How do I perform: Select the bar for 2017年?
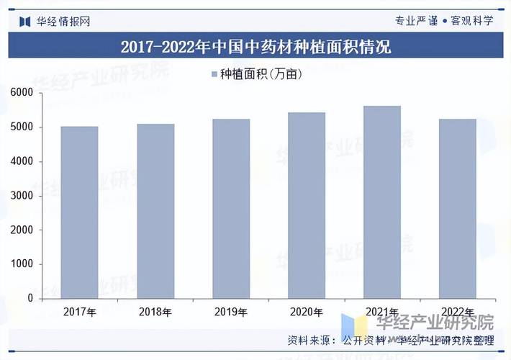(79, 212)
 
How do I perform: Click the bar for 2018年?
(155, 211)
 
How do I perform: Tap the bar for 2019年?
(231, 209)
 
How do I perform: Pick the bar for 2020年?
(307, 205)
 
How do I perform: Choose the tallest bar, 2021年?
(382, 202)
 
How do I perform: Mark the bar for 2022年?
(458, 209)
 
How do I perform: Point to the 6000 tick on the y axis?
(22, 93)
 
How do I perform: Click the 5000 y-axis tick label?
(22, 127)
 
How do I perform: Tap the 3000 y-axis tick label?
(22, 196)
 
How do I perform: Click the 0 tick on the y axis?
(30, 298)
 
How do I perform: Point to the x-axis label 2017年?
(79, 312)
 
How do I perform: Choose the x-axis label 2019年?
(231, 312)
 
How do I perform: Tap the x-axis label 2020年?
(307, 312)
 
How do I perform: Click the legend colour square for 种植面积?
(214, 74)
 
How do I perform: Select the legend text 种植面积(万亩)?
(260, 74)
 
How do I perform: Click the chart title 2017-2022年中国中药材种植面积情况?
(256, 48)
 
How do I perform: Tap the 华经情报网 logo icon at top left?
(24, 20)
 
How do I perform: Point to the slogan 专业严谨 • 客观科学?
(444, 20)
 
